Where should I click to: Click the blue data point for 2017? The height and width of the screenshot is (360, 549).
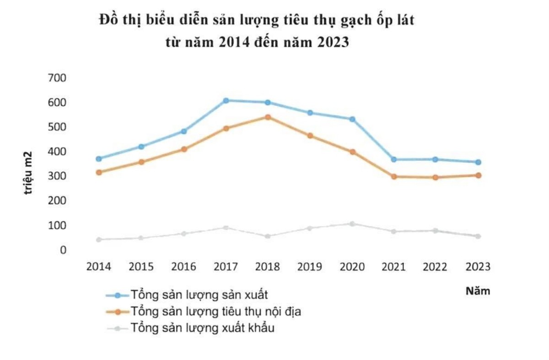coord(226,100)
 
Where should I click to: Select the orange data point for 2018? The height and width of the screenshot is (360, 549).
coord(268,117)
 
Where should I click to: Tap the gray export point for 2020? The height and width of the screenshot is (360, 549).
coord(352,224)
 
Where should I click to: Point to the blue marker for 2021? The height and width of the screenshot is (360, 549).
coord(393,160)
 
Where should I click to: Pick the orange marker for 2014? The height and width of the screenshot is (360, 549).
coord(99,172)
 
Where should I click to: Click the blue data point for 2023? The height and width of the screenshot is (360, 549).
coord(478,162)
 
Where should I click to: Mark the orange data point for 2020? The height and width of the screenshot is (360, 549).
coord(352,152)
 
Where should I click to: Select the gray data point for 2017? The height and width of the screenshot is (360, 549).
coord(226,227)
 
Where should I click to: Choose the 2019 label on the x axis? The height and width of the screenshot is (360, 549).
coord(310,267)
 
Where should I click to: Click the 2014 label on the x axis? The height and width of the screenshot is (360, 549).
coord(99,267)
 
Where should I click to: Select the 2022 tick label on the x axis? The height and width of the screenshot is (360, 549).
coord(436,267)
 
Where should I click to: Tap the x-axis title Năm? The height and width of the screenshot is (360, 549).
coord(478,291)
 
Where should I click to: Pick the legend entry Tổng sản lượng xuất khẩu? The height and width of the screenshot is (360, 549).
coord(202,328)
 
